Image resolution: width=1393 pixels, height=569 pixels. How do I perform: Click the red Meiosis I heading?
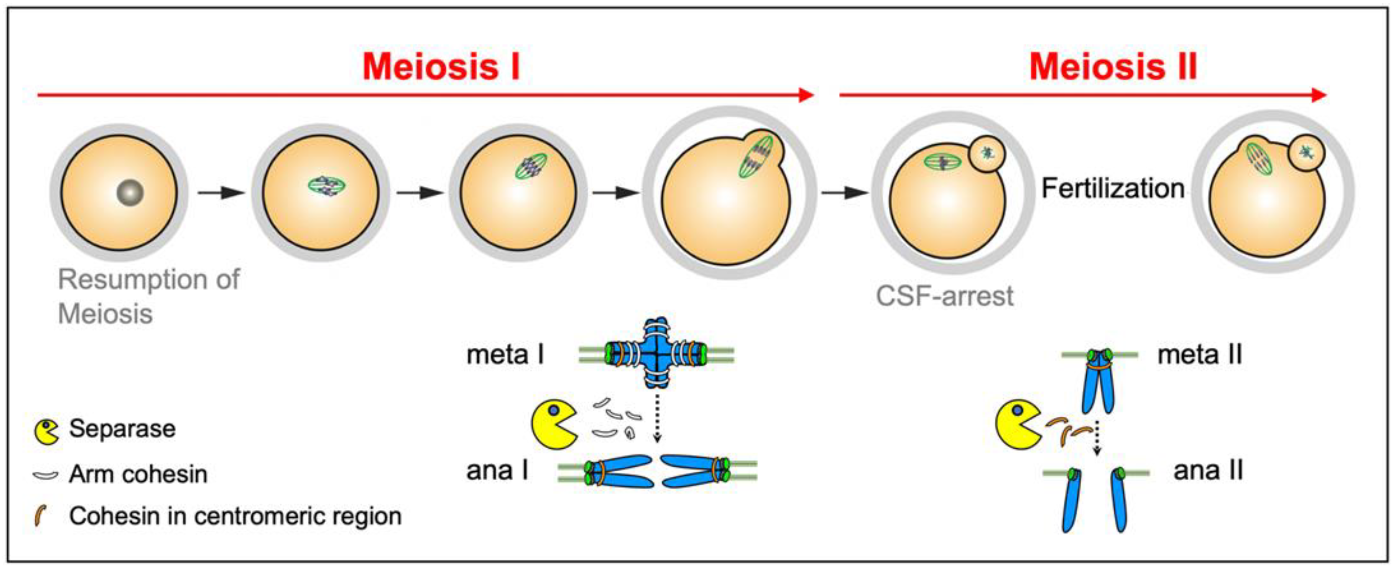[x=441, y=67]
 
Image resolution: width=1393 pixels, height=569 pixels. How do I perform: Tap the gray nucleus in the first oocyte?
[x=130, y=192]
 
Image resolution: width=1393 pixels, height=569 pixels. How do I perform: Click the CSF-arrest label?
[x=944, y=296]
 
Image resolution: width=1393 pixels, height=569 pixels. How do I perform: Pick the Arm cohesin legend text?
[x=138, y=474]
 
